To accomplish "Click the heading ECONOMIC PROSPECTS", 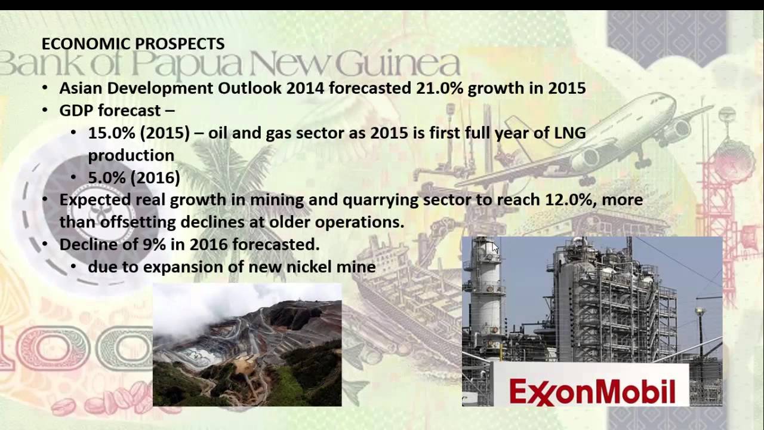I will point(133,44).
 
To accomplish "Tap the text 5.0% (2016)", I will point(134,177).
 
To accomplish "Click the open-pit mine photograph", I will point(247,345).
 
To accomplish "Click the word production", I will point(131,155).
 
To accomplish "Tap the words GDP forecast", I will point(110,111).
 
